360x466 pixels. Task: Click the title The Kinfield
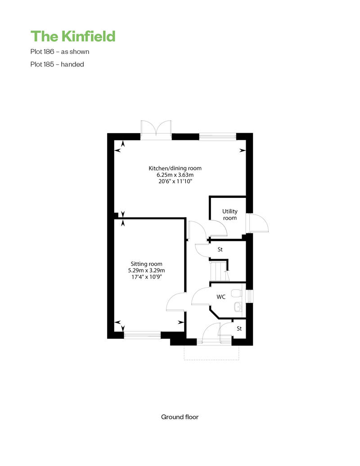pos(73,36)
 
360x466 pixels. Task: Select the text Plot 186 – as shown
pos(60,52)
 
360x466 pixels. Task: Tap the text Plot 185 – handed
pos(57,64)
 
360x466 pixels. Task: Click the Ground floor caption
pos(180,417)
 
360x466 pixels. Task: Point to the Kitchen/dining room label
pos(175,168)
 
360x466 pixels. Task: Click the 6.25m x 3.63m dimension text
pos(175,175)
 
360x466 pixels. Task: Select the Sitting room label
pos(147,264)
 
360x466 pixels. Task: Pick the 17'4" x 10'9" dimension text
pos(147,277)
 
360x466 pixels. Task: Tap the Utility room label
pos(230,215)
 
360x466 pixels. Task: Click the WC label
pos(221,296)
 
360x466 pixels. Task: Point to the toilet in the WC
pos(236,293)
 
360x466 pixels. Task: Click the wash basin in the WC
pos(238,307)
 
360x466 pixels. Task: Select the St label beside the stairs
pos(220,249)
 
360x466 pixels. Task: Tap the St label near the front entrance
pos(239,328)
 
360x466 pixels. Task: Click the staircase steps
pos(219,271)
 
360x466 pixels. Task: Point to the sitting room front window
pos(142,335)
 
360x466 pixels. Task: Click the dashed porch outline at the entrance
pos(211,360)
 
